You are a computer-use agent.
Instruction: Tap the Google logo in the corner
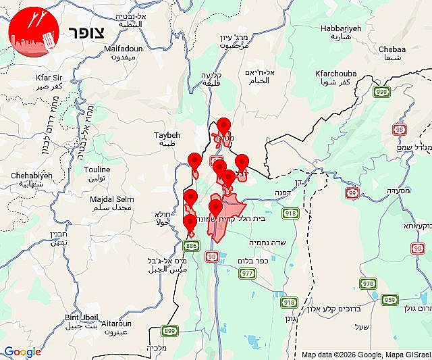click(x=22, y=352)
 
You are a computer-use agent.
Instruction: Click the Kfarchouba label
click(x=335, y=76)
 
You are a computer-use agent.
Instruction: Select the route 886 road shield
click(x=192, y=245)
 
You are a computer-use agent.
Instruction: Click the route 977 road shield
click(x=247, y=273)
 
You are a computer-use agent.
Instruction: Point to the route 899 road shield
click(x=169, y=331)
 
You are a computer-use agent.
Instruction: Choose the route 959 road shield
click(x=389, y=299)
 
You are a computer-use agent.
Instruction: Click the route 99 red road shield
click(x=352, y=193)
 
